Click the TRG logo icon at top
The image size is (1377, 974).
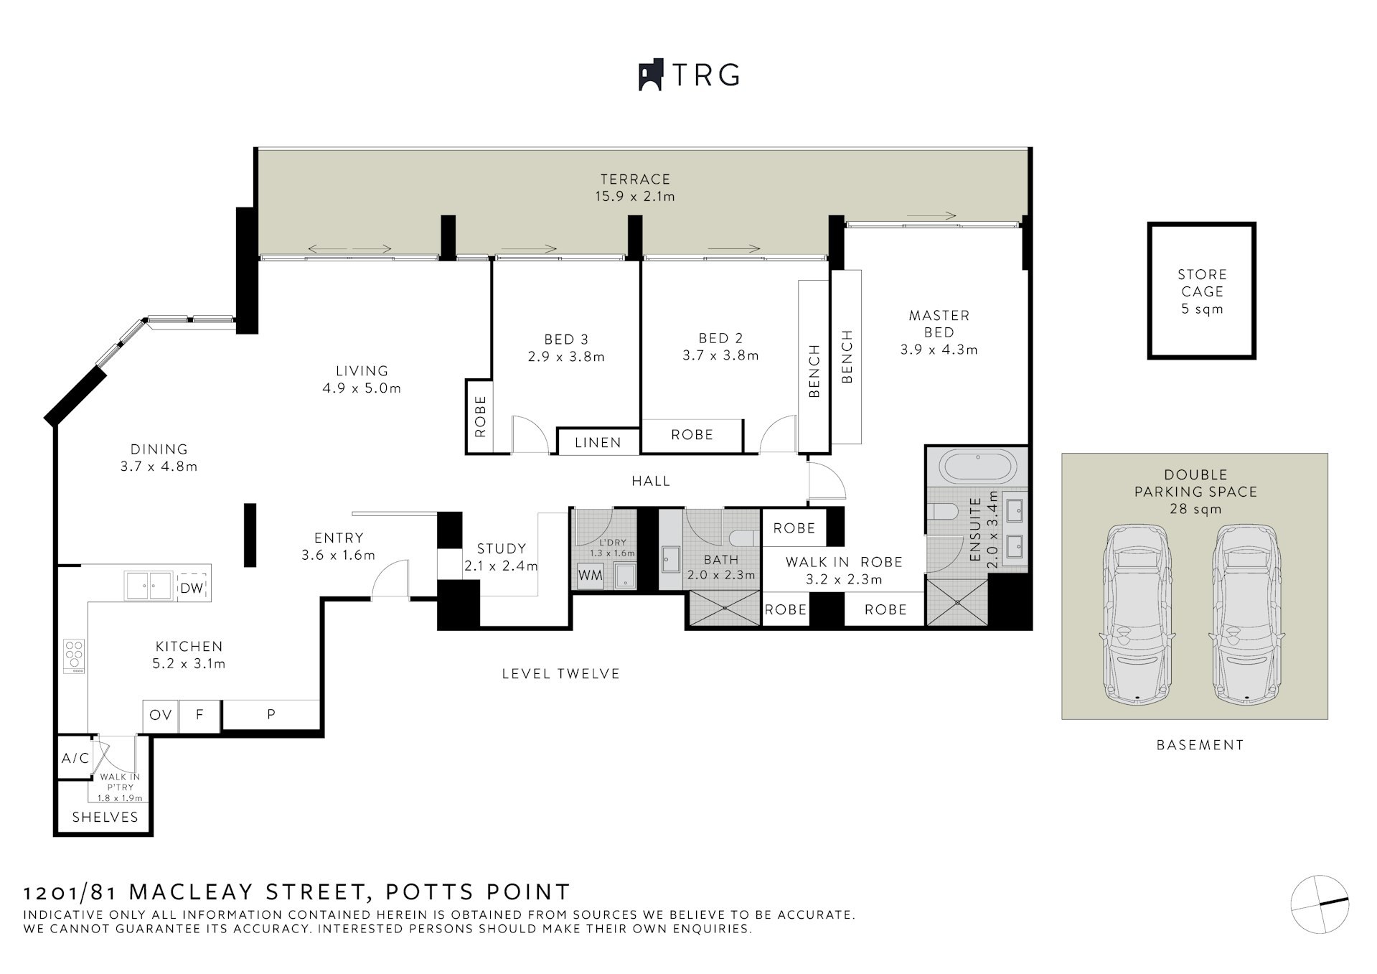click(651, 75)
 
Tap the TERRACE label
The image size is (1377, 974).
click(635, 179)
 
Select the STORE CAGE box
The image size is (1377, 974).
click(1202, 290)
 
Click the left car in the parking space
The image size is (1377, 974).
click(1138, 614)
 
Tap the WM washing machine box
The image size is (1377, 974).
click(591, 576)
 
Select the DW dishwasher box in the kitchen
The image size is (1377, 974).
click(192, 588)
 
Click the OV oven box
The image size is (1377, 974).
click(161, 715)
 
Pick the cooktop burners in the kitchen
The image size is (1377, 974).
click(74, 656)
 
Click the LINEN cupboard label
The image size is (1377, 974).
click(598, 443)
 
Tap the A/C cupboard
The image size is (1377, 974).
click(75, 758)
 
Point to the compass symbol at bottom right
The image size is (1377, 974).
click(1320, 904)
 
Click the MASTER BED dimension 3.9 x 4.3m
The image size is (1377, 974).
click(939, 350)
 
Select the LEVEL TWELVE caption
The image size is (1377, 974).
click(560, 673)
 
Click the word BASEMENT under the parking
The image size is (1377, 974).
click(1200, 744)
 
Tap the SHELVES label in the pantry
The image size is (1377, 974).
click(105, 817)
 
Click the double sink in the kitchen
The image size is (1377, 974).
click(149, 585)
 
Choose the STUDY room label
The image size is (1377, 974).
click(502, 548)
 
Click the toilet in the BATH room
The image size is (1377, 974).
click(741, 538)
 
